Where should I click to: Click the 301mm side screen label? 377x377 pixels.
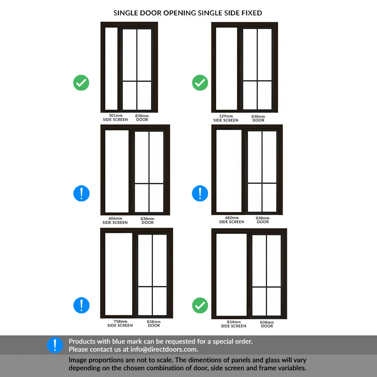click(115, 117)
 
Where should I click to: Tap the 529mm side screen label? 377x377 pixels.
click(226, 118)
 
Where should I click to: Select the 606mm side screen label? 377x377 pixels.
click(115, 221)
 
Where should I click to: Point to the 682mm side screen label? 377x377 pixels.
click(232, 220)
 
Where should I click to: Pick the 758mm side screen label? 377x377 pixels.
click(120, 323)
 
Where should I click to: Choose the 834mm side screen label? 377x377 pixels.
click(233, 324)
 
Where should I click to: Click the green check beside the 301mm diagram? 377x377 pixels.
click(81, 83)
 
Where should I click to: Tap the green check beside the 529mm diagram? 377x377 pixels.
click(200, 83)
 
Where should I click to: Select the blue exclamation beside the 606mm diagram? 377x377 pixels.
click(81, 193)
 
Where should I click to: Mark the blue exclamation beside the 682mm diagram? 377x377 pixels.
click(200, 193)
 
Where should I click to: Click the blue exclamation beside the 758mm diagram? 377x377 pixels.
click(81, 305)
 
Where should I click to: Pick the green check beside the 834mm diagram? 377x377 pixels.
click(200, 305)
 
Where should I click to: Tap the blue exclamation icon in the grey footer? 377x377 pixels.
click(55, 345)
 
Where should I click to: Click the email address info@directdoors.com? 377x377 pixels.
click(164, 349)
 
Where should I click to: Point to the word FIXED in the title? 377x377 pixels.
click(252, 13)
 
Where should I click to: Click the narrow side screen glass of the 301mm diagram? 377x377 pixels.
click(111, 68)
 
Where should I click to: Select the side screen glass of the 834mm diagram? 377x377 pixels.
click(232, 275)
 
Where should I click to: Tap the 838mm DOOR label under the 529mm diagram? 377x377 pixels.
click(258, 118)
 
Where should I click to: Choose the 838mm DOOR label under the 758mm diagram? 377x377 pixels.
click(154, 324)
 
